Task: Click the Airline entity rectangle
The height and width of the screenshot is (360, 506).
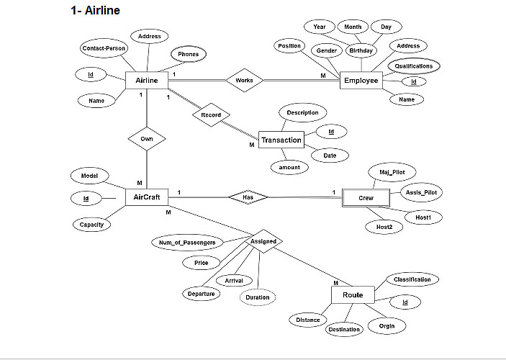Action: coord(147,80)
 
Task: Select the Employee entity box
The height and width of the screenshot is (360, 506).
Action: coord(361,81)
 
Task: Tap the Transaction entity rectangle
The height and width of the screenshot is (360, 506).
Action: coord(281,140)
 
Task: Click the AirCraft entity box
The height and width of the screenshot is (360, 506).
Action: coord(147,197)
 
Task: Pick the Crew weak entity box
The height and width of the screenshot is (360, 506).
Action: coord(366,197)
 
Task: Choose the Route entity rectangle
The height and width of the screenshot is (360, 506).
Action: coord(353,295)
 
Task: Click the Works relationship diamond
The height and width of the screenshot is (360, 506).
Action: coord(244,81)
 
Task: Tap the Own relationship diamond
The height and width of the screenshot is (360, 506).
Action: coord(147,138)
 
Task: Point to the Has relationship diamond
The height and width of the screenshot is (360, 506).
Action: coord(248,197)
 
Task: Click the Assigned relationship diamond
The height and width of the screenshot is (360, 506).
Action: coord(263,241)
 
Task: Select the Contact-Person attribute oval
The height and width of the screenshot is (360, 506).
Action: coord(104,48)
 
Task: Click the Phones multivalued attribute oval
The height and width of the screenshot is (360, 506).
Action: coord(189,54)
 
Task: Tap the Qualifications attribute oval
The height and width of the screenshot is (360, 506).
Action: coord(414,66)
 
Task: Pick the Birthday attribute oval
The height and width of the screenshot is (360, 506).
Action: coord(361,51)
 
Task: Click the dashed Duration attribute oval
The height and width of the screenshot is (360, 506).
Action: coord(258,297)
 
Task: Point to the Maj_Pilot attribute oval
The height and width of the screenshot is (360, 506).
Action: coord(392,172)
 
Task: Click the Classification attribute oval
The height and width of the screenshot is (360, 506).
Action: coord(412,279)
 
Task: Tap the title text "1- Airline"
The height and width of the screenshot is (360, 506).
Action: coord(95,11)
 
